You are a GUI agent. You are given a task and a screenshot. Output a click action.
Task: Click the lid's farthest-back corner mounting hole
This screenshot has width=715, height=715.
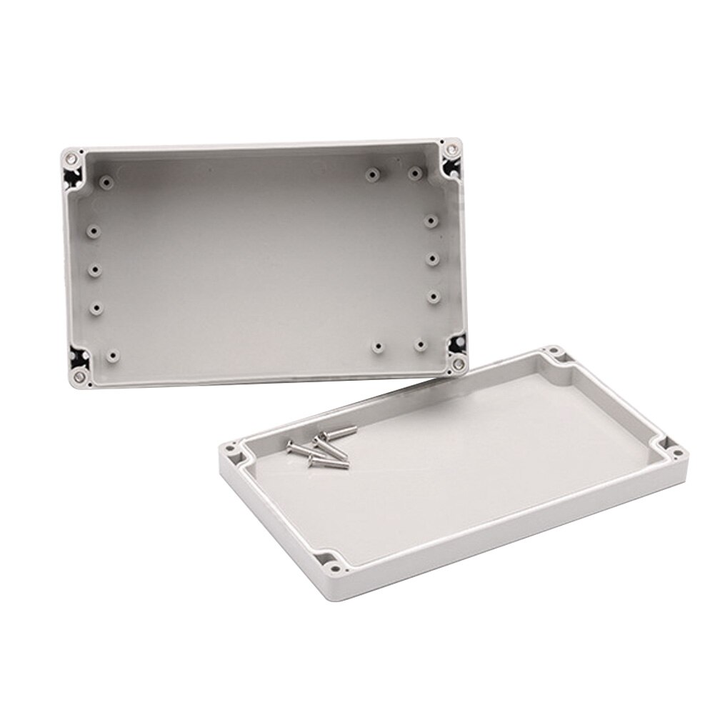click(x=553, y=351)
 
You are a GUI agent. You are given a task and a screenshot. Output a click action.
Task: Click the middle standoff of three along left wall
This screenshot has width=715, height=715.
click(x=95, y=270)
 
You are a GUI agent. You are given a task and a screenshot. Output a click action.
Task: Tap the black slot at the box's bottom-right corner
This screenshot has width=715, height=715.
click(x=454, y=345)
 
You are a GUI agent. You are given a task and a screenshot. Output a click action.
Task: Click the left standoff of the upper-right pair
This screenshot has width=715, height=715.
click(x=371, y=174)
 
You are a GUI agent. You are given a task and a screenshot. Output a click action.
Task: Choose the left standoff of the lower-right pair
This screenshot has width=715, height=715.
click(x=377, y=348)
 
